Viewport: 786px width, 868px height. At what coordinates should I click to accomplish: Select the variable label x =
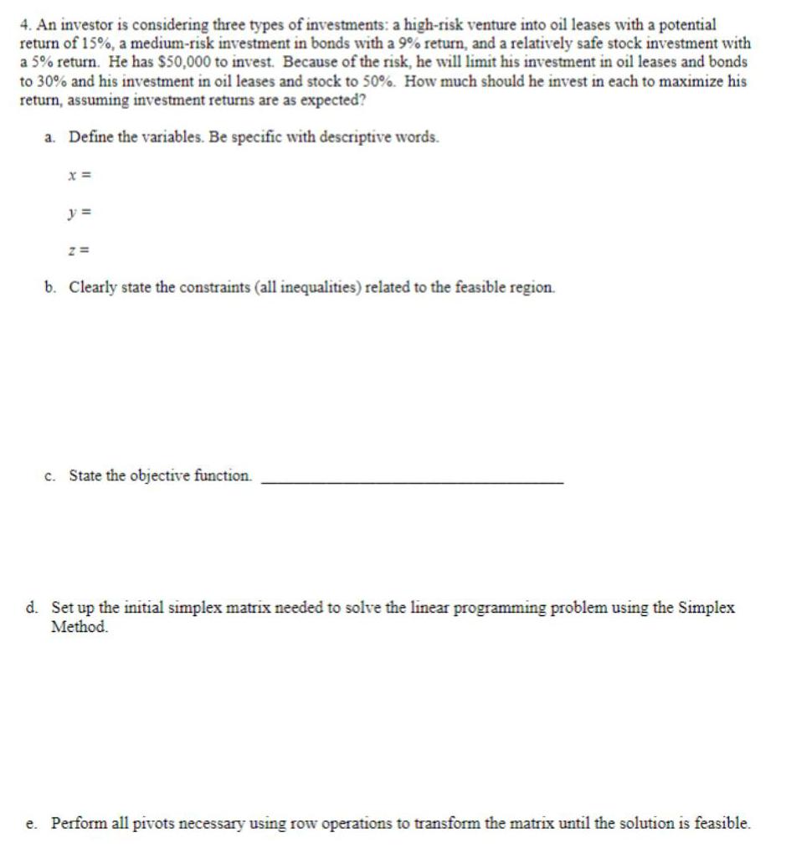(80, 175)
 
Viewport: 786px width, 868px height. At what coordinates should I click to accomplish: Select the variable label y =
(80, 212)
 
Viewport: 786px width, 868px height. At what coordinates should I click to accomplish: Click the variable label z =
(80, 249)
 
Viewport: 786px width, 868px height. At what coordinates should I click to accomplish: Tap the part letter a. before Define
(50, 137)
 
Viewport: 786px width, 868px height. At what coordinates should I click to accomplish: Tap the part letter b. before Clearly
(50, 287)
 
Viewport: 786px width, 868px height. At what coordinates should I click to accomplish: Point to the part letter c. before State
(50, 475)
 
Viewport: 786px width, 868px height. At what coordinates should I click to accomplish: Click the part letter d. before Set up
(32, 609)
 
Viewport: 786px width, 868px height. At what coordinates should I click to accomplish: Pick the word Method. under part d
(80, 626)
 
